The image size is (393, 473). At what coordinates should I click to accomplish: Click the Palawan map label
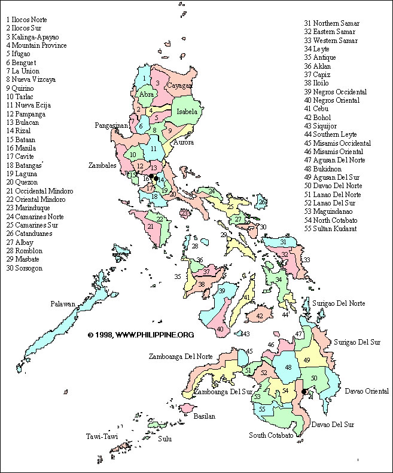click(63, 304)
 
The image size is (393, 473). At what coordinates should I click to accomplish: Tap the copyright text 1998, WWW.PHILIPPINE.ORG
click(141, 335)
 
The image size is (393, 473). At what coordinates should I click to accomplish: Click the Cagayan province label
click(179, 85)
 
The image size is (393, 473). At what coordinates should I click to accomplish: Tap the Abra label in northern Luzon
click(147, 94)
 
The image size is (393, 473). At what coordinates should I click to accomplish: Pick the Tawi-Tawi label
click(100, 437)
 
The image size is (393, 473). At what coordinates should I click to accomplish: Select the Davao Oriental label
click(367, 391)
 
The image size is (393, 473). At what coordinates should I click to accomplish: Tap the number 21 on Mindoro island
click(151, 226)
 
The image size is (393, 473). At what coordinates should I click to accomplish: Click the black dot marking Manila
click(155, 178)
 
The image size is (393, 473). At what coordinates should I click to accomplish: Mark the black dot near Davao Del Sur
click(304, 392)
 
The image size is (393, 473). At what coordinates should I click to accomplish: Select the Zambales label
click(102, 165)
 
